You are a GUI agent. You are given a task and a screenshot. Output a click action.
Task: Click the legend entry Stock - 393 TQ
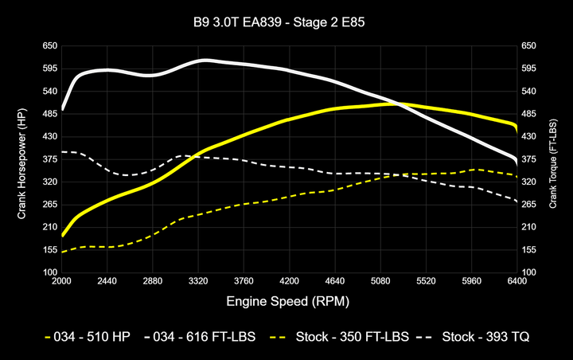tap(477, 337)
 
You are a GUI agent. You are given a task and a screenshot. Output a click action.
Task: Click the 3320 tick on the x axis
tap(198, 281)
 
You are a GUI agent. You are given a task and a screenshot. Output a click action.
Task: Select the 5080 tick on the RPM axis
tap(380, 281)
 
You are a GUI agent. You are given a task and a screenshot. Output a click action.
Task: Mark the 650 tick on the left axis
tap(49, 46)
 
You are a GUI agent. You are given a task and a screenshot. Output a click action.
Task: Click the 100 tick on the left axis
tap(49, 272)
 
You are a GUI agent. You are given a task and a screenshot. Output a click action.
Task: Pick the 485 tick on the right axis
tap(529, 114)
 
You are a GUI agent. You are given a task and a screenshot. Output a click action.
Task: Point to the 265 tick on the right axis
tap(529, 205)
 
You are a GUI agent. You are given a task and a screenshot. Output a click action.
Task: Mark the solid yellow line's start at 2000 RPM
tap(62, 236)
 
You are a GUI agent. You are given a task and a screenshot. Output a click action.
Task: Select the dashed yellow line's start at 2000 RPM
tap(62, 252)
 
